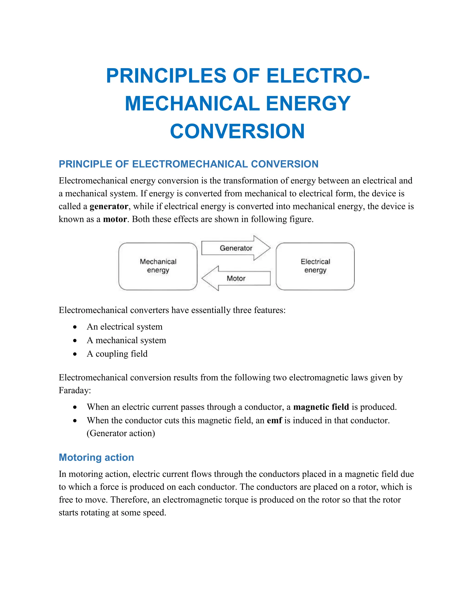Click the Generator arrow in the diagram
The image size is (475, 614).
click(236, 248)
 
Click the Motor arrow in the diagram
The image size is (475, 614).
click(236, 278)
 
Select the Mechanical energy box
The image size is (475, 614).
click(158, 266)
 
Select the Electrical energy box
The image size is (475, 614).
click(315, 266)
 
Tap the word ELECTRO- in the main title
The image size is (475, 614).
click(318, 76)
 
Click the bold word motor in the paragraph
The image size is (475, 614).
click(115, 219)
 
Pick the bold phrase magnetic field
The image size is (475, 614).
click(321, 407)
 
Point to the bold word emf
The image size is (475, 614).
click(274, 420)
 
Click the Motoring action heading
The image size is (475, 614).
click(96, 457)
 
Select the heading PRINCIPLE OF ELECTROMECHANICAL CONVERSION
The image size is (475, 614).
click(188, 164)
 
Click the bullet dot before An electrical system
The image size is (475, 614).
click(75, 327)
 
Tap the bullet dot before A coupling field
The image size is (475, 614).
click(75, 354)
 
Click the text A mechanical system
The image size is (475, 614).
click(126, 340)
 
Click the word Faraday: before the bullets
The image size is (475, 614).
click(75, 390)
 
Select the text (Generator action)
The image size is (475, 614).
click(121, 433)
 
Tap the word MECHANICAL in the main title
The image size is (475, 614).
click(192, 104)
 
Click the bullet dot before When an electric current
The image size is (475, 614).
click(75, 407)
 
